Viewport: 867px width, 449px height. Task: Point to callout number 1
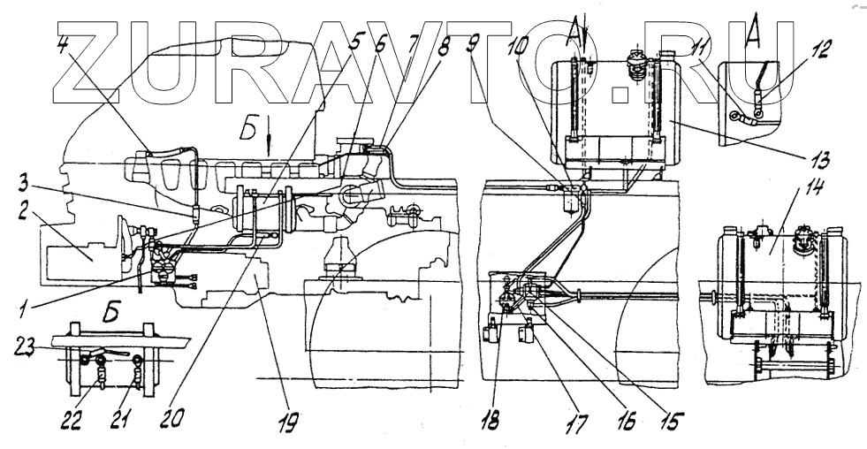tap(28, 309)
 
